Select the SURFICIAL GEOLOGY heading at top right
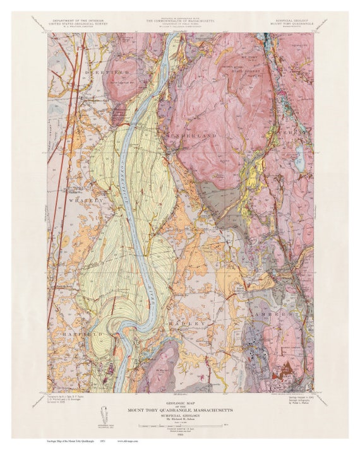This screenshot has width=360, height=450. (290, 21)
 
